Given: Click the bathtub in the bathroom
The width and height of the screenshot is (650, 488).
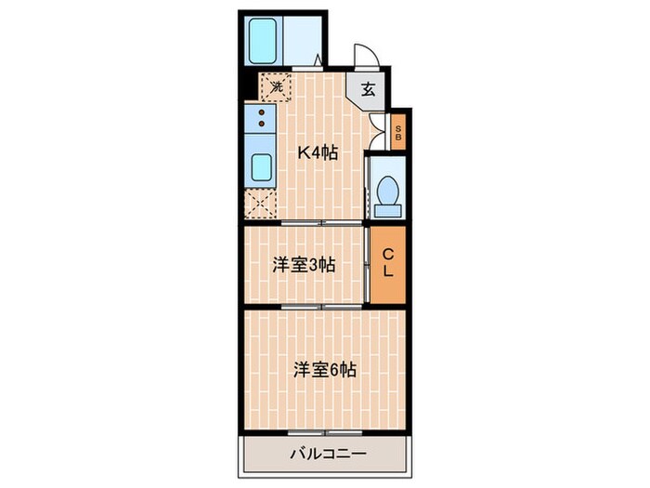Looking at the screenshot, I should click(266, 39).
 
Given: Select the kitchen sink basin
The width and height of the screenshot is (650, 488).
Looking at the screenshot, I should click(261, 170).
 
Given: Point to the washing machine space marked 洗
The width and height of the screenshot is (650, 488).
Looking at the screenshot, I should click(275, 86).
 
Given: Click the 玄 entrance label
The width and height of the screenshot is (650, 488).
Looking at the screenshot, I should click(368, 89).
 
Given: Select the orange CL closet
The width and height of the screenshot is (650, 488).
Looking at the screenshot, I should click(389, 264).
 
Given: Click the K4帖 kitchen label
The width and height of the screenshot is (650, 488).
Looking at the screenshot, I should click(316, 153).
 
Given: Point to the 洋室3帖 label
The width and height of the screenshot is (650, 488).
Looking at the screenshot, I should click(304, 265).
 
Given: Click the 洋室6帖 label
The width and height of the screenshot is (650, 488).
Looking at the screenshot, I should click(325, 369).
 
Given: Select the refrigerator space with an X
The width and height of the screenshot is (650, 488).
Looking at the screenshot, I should click(261, 204).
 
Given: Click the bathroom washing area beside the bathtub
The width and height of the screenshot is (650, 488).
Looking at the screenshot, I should click(305, 39).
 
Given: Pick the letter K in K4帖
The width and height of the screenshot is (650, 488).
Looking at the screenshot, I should click(302, 153).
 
